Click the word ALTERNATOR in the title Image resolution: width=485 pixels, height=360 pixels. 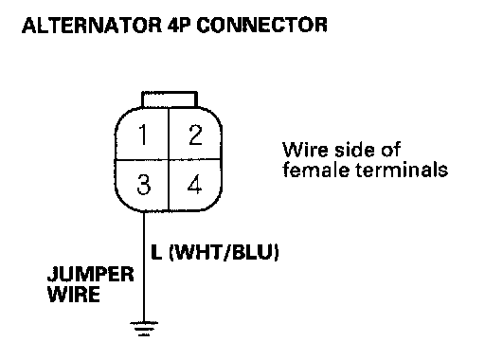coord(92,26)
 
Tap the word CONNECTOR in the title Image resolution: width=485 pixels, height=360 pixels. coord(262,26)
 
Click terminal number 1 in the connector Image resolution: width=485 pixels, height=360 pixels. coord(143,135)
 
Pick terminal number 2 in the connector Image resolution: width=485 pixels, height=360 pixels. coord(195,135)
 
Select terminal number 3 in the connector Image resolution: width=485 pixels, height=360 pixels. coord(144,185)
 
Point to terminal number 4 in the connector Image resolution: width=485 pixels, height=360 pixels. coord(195,184)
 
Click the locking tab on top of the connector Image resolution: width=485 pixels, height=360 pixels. coord(170,99)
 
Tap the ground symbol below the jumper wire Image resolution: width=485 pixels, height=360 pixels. coord(144,329)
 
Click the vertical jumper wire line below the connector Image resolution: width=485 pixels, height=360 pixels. coord(144,266)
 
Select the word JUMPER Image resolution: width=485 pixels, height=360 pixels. coord(91,274)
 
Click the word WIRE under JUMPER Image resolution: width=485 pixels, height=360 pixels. coord(74,295)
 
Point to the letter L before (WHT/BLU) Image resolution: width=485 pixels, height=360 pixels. coord(156,252)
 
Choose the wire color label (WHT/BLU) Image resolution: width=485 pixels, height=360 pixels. coord(225,252)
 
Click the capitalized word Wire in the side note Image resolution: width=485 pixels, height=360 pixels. coord(306,150)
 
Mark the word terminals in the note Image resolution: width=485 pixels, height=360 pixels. coord(402,170)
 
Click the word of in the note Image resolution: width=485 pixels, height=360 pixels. coord(391,150)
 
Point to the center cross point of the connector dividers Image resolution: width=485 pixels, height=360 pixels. coord(170,159)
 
